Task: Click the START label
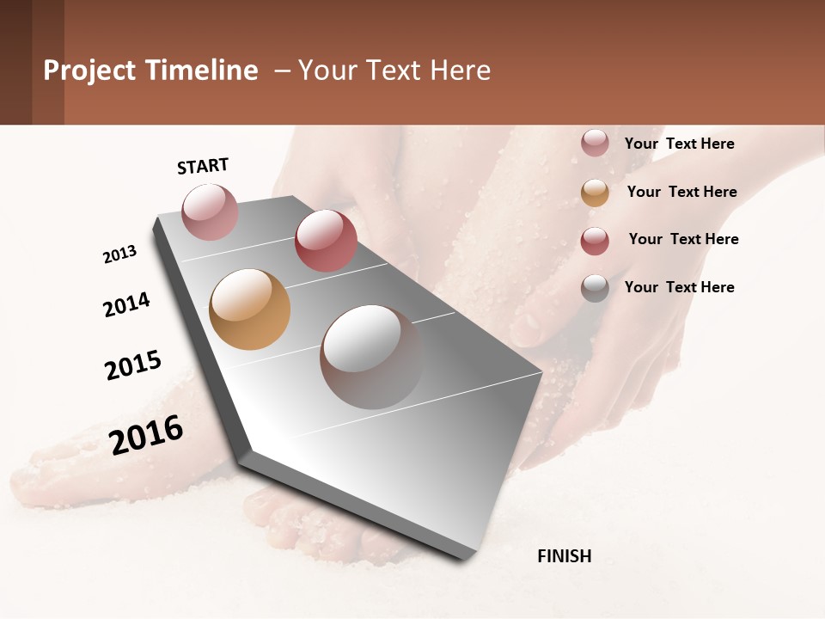coord(203,166)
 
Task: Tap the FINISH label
coord(564,556)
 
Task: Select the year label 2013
coord(119,254)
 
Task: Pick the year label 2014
coord(126,304)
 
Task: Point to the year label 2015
coord(133,365)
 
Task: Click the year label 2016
coord(146,435)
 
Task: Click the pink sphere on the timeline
coord(210,211)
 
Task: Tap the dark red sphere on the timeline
coord(326,241)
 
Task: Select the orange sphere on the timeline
coord(249,309)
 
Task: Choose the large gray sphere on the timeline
coord(371,357)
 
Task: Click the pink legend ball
coord(595,144)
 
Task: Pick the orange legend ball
coord(595,193)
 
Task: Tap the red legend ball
coord(595,241)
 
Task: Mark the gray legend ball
coord(595,288)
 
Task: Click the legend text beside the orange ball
coord(681,192)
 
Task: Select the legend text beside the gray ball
coord(679,287)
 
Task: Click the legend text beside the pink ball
coord(679,144)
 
